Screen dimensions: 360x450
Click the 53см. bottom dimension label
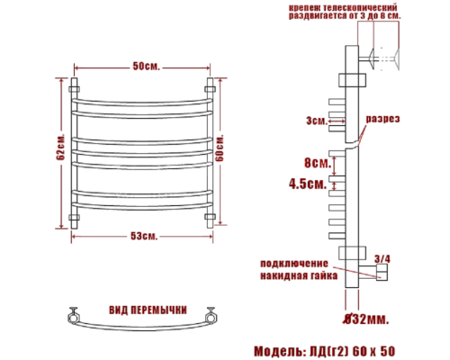click(x=143, y=236)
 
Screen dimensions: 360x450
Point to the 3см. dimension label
click(x=315, y=119)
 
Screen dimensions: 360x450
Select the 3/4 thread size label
click(x=382, y=259)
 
